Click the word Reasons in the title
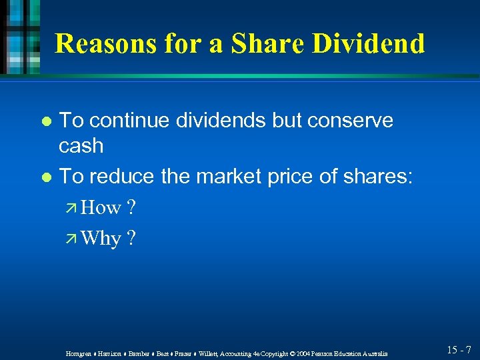[107, 43]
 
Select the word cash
[81, 145]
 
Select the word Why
[101, 238]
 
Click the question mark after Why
[131, 238]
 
